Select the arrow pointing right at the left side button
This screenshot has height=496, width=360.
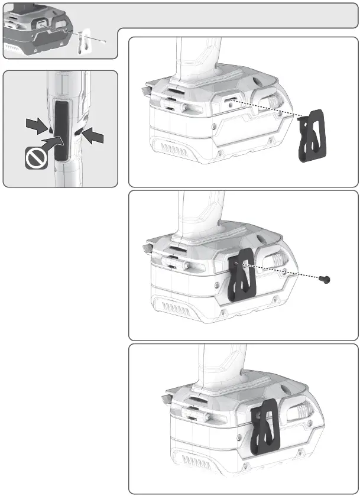click(37, 124)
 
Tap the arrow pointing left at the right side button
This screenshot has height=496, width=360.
click(95, 137)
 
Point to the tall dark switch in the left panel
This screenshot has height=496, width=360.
click(61, 127)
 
